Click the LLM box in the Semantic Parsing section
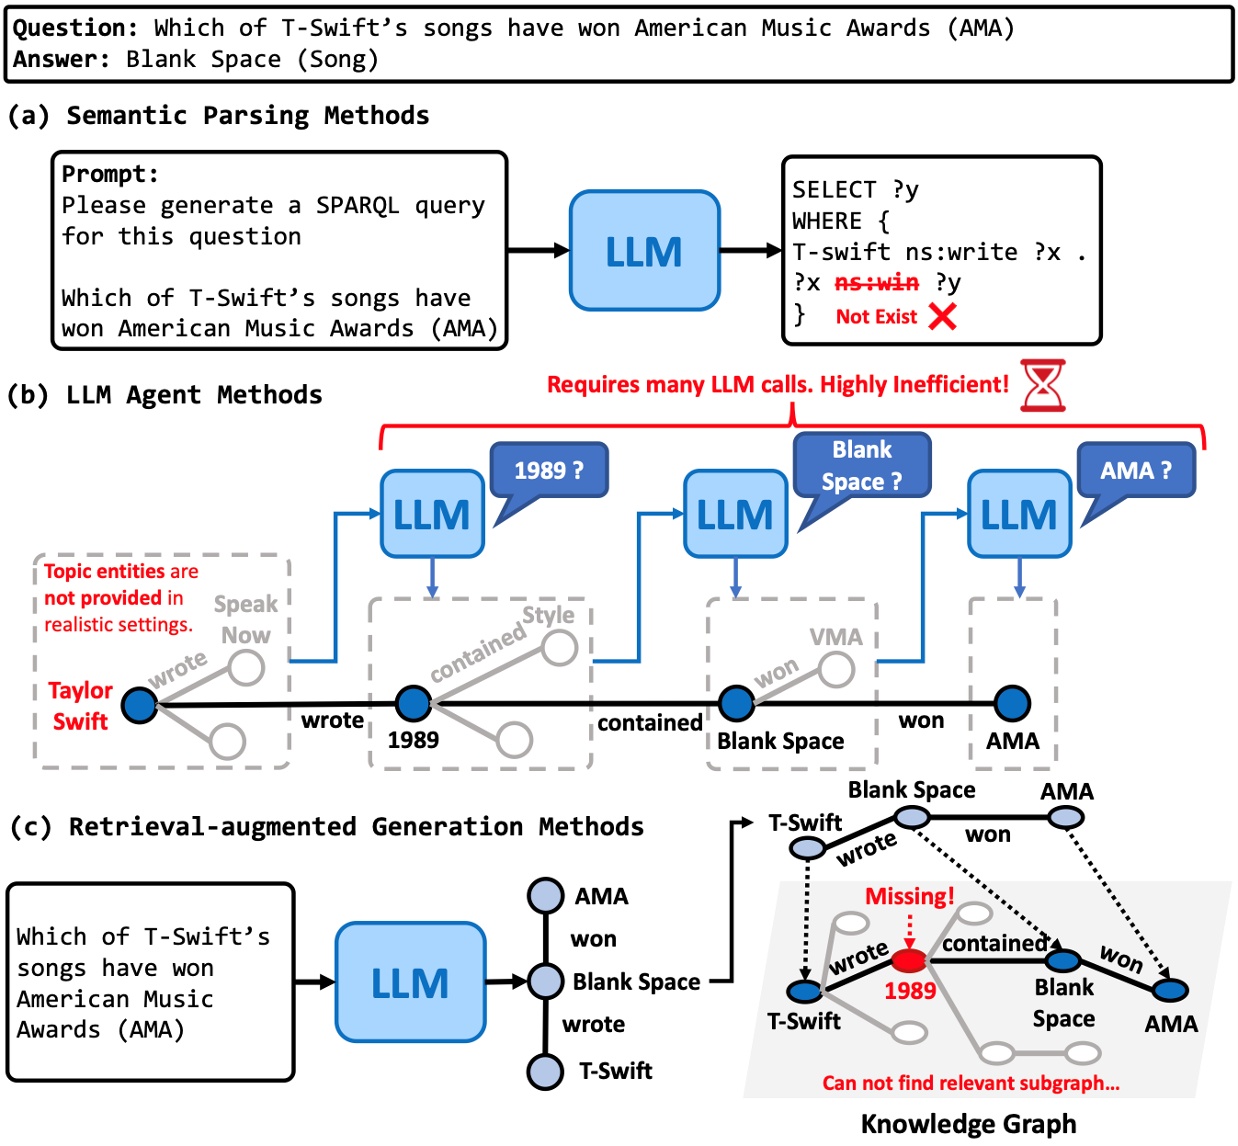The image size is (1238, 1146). (644, 251)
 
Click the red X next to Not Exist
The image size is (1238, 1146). (942, 316)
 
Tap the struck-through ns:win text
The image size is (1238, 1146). (876, 283)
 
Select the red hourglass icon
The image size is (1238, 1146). (1043, 385)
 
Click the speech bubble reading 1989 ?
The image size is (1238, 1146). (549, 471)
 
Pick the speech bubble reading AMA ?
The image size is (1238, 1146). (1136, 471)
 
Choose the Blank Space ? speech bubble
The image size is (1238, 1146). (861, 465)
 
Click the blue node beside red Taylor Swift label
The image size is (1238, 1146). (140, 705)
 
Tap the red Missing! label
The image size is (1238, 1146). (909, 896)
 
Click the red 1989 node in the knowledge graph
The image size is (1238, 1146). (909, 961)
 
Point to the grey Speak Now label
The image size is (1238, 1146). (245, 619)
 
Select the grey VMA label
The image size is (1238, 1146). (835, 637)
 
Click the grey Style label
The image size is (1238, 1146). (548, 615)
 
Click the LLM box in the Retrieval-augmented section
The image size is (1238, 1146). (410, 982)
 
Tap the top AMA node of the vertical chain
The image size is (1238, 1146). (545, 896)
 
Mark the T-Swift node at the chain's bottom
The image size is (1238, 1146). (545, 1071)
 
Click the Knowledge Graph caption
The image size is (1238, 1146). (968, 1124)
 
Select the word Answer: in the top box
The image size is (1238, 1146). (61, 60)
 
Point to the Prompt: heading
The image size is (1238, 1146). (109, 174)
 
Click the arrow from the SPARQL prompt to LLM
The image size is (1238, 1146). (539, 250)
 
